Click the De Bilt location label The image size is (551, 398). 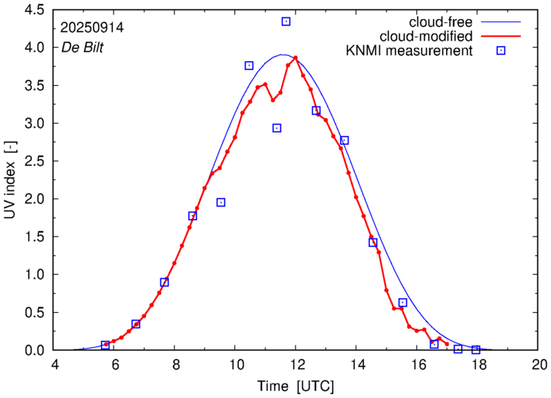83,47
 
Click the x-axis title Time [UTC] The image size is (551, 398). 295,386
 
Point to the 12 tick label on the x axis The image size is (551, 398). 295,365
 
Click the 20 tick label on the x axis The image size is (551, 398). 539,365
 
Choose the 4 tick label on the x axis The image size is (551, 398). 54,365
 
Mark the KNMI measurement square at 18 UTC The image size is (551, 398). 476,350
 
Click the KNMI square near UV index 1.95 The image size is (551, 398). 221,203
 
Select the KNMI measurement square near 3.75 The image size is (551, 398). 249,65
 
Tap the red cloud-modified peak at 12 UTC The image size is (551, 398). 295,58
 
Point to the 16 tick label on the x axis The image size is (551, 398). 418,365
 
